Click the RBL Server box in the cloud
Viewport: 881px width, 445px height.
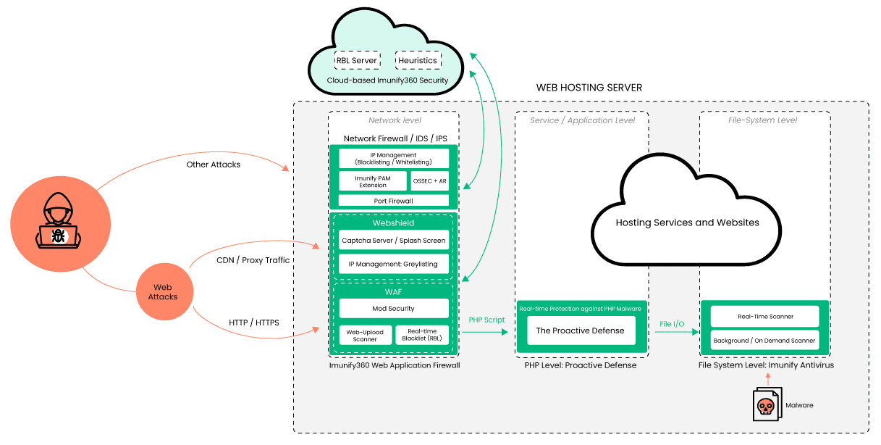pos(357,60)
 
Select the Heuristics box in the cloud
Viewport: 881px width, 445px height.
pos(418,60)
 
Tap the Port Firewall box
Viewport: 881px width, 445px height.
pos(394,201)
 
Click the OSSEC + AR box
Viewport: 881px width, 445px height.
pos(430,180)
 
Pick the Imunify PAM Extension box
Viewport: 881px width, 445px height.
pos(373,180)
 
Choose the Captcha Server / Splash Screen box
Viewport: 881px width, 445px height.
pos(394,240)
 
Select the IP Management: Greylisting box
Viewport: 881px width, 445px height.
pos(394,264)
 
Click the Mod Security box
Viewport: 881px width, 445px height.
pos(394,309)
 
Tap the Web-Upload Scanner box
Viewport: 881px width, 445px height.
pos(366,335)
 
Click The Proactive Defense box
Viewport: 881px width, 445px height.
pos(580,330)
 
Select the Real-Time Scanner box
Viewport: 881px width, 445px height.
pos(765,317)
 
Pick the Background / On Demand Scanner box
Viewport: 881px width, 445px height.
pos(765,340)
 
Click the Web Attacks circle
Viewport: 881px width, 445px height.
pos(163,291)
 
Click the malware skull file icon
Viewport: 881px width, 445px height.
pos(765,404)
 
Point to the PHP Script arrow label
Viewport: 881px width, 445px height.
pos(486,320)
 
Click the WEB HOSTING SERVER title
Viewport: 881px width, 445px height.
pos(589,88)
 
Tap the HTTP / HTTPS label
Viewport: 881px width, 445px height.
pos(253,322)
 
